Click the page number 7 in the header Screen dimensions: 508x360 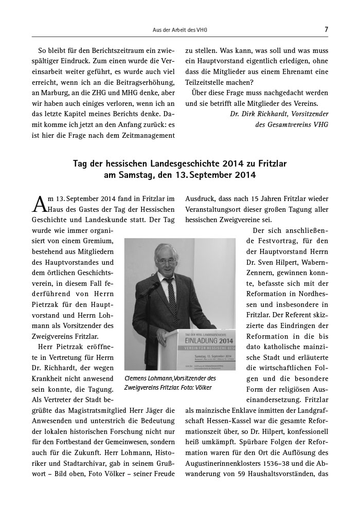tap(327, 30)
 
